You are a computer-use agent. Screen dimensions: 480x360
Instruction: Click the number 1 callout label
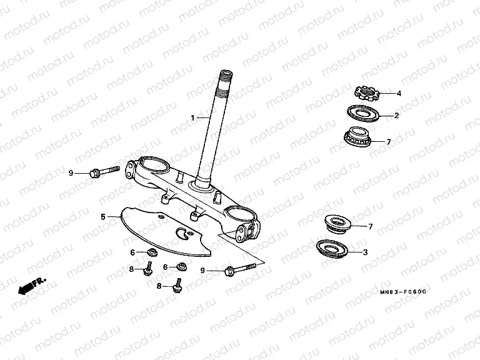[192, 118]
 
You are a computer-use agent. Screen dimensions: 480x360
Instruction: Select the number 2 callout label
[397, 116]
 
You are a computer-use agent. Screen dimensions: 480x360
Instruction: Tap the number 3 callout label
[365, 252]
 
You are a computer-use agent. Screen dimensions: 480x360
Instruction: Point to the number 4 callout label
[399, 93]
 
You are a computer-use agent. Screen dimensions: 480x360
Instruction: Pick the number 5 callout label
[103, 217]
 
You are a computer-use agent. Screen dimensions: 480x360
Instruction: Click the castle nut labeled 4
[367, 92]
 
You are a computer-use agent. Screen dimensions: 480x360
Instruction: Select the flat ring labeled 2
[363, 114]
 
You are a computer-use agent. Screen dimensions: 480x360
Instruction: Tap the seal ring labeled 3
[332, 249]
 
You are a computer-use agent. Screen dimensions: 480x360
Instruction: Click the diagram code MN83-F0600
[403, 292]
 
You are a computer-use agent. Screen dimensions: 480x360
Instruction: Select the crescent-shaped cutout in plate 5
[182, 234]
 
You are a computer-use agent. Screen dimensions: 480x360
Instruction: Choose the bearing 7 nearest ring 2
[357, 136]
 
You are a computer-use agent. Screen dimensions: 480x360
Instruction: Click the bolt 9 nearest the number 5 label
[104, 172]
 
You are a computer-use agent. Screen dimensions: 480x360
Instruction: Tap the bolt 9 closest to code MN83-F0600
[240, 269]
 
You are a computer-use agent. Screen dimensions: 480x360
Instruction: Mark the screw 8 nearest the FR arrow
[148, 269]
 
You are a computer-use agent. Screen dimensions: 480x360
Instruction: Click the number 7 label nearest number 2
[389, 142]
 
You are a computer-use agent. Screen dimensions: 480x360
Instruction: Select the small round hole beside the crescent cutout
[191, 233]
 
